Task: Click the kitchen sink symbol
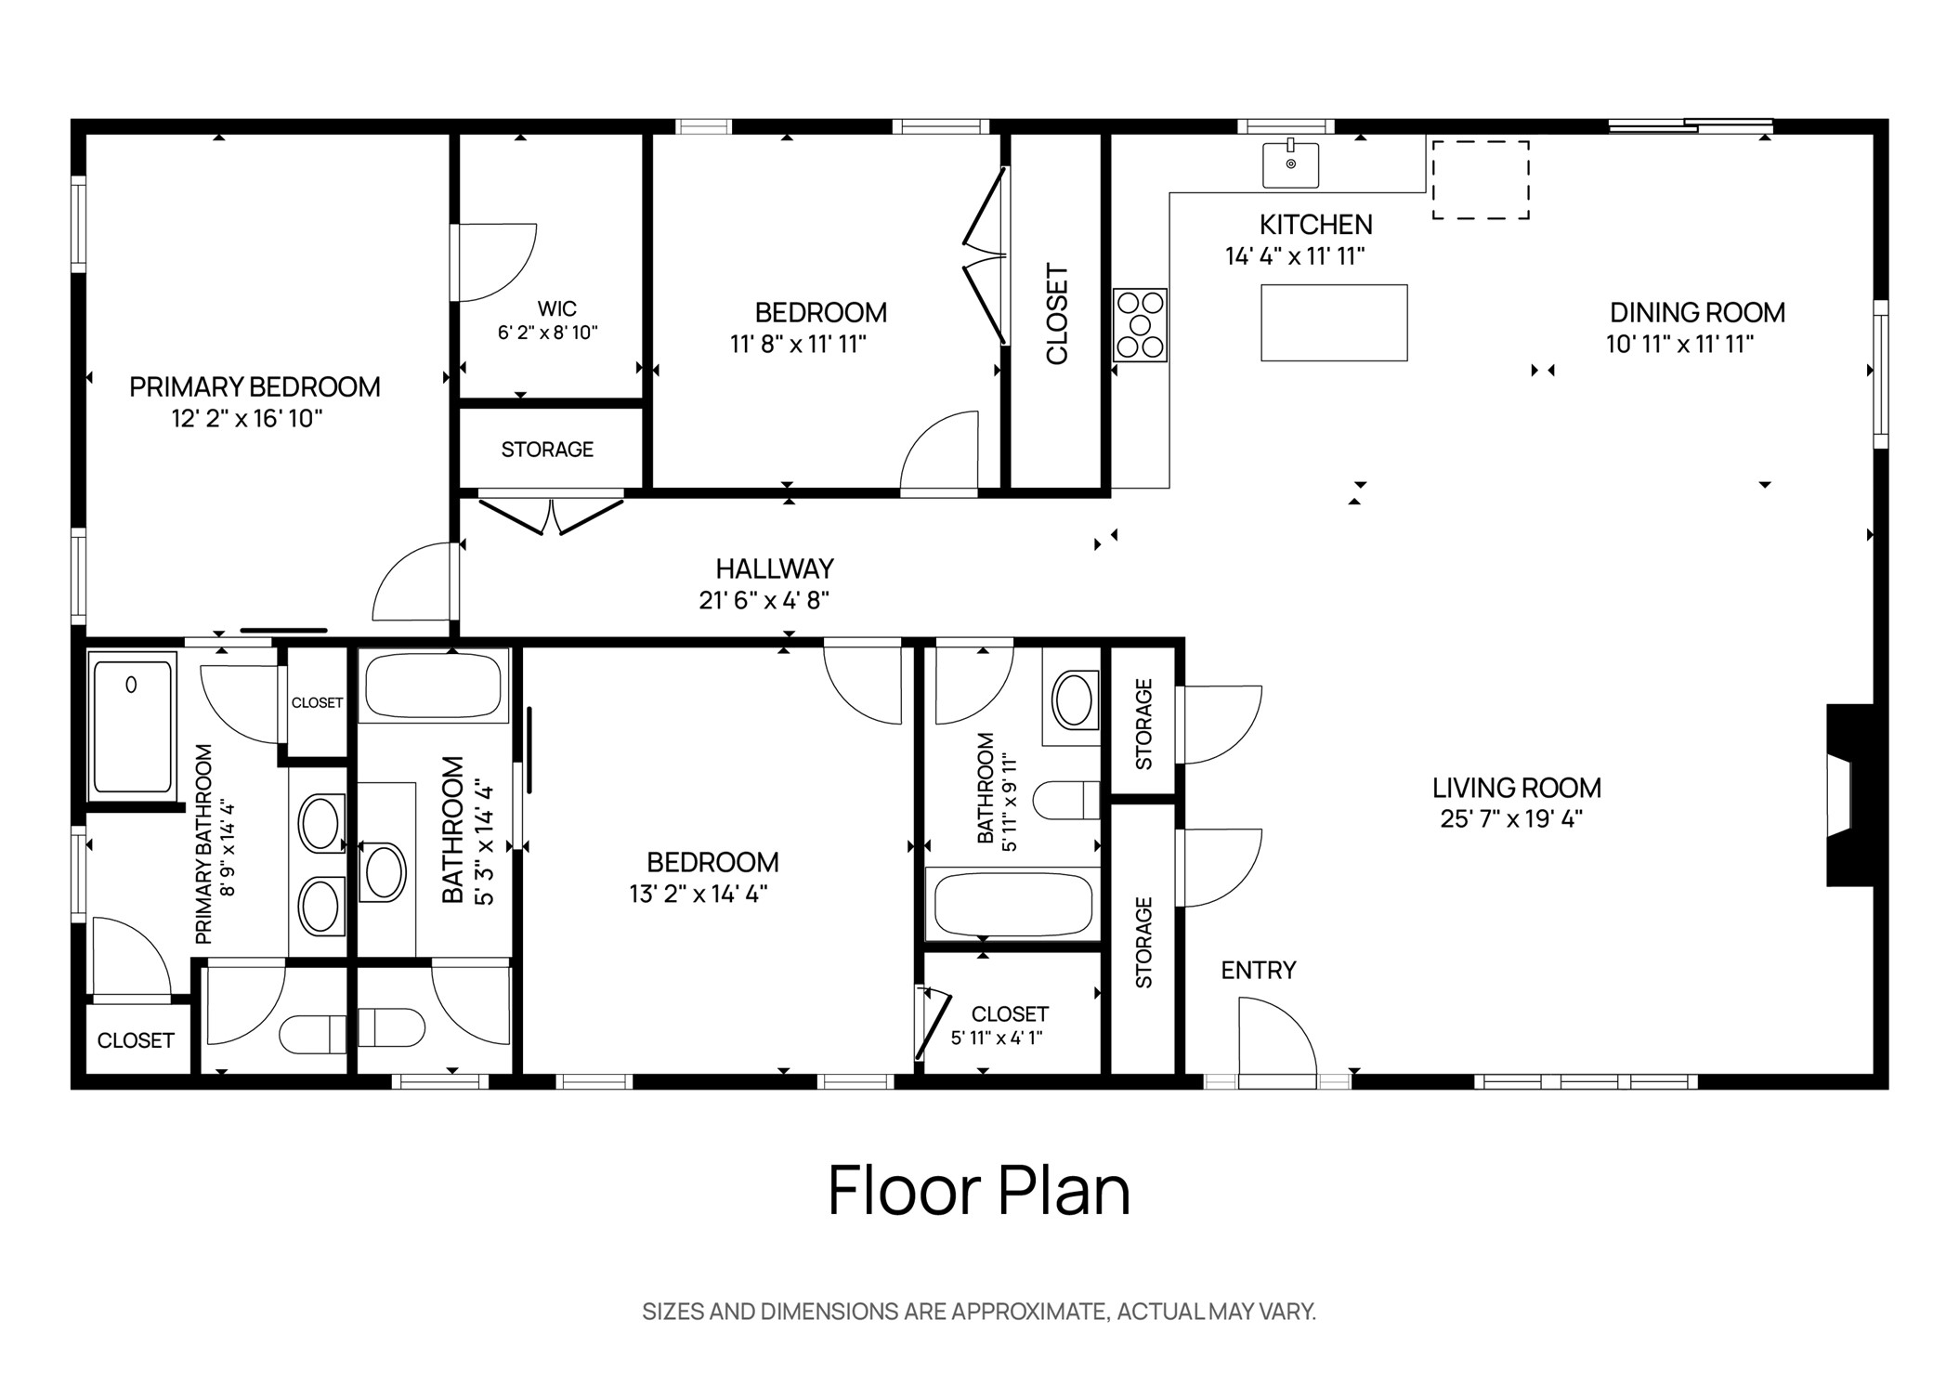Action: tap(1290, 164)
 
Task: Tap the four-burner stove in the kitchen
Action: tap(1140, 325)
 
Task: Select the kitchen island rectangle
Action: tap(1333, 322)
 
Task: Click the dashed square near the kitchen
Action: tap(1480, 180)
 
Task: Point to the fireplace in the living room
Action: tap(1844, 795)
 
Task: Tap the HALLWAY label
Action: tap(774, 568)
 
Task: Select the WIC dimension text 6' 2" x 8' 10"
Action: tap(547, 333)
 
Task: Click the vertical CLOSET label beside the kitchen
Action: tap(1057, 314)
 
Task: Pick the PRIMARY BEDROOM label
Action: tap(255, 386)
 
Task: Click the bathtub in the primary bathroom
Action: tap(132, 725)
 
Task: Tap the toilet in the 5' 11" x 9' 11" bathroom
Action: tap(1066, 800)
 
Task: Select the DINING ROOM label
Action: tap(1696, 312)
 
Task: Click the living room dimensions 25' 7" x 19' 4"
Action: tap(1510, 818)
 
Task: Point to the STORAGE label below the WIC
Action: tap(547, 450)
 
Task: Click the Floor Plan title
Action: tap(978, 1191)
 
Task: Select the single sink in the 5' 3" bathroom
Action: tap(383, 872)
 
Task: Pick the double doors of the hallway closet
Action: tap(551, 516)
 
